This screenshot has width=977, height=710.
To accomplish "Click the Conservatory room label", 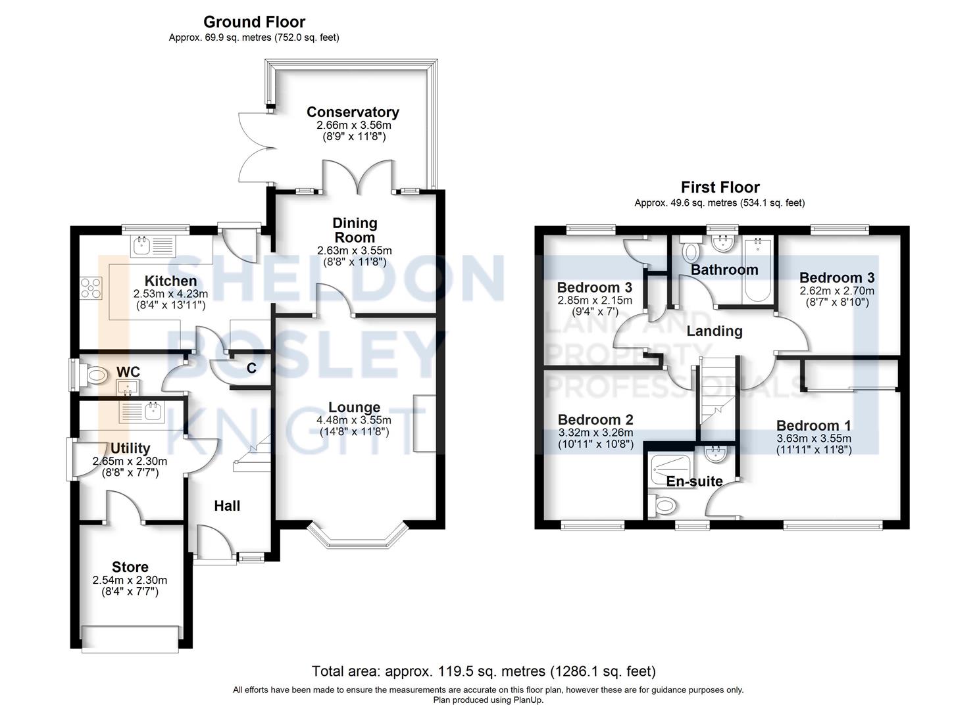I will click(353, 112).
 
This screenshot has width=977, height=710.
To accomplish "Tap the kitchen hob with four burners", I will click(91, 288).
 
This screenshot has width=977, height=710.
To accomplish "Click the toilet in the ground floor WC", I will click(95, 375).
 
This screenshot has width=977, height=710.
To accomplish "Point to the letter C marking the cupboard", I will click(251, 368).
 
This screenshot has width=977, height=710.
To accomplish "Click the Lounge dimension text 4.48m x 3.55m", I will click(354, 420).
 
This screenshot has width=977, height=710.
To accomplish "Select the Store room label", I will click(130, 567).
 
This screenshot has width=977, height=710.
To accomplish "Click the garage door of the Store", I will click(130, 639).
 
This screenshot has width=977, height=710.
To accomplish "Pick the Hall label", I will click(227, 506).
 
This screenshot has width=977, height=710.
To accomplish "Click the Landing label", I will click(714, 331).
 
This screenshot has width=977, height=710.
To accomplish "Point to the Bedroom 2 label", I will click(595, 419).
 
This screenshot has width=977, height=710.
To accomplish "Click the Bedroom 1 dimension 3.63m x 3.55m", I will click(814, 438).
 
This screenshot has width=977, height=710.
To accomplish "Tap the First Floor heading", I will click(720, 187).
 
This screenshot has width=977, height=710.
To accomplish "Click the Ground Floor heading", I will click(254, 22).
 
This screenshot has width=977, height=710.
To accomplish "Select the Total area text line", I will click(484, 671).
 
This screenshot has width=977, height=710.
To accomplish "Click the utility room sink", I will click(142, 412).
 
